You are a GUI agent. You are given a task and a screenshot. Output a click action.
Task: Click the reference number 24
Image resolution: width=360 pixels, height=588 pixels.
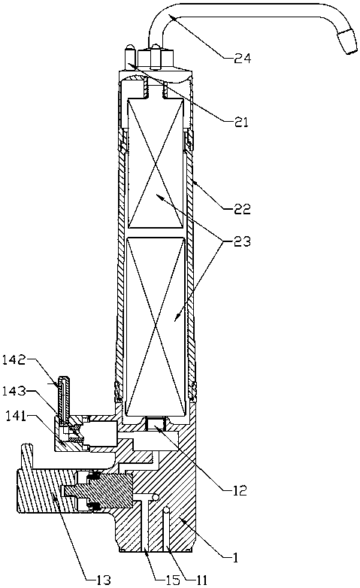pos(242,59)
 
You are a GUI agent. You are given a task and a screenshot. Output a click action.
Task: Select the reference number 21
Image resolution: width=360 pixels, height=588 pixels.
pos(241,122)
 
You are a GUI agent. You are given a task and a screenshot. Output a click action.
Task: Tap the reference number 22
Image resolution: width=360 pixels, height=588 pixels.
pos(242,208)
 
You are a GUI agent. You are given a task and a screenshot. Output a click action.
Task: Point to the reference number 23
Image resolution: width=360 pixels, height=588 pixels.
pos(242,241)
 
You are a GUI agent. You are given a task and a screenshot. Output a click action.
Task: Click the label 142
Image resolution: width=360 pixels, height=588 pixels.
pos(14,360)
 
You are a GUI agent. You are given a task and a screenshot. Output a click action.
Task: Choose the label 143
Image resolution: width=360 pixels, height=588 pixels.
pos(14,391)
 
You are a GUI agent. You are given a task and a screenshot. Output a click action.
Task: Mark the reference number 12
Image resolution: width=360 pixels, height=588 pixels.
pos(240,490)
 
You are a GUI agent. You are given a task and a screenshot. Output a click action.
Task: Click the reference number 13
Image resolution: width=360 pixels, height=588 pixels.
pos(102,580)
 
